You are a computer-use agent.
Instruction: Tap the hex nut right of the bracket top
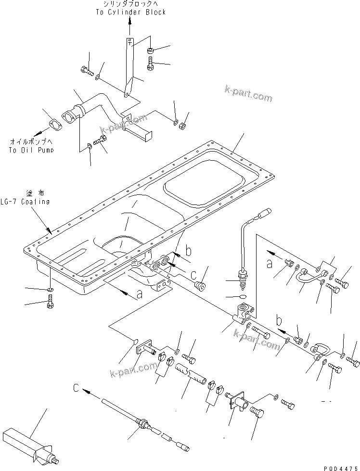[151, 50]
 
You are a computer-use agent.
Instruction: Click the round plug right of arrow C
[199, 286]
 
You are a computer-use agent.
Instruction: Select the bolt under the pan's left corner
[50, 303]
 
